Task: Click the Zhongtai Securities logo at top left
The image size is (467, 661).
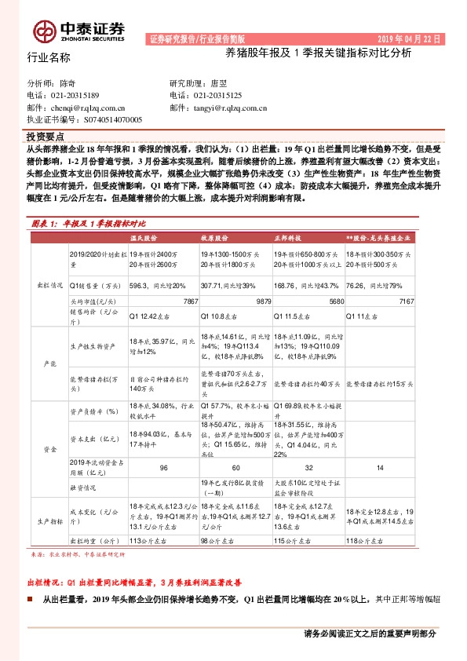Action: pyautogui.click(x=78, y=30)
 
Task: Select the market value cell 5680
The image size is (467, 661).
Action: pyautogui.click(x=331, y=301)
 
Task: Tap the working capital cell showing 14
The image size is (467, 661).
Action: pyautogui.click(x=379, y=467)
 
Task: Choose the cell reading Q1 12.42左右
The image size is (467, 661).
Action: pyautogui.click(x=151, y=315)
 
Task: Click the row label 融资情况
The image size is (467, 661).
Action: pyautogui.click(x=82, y=486)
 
